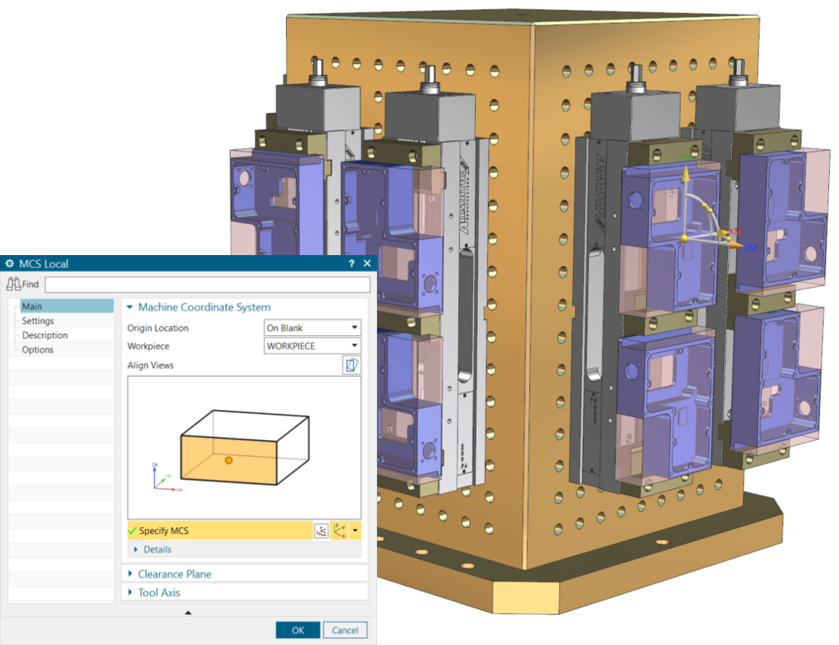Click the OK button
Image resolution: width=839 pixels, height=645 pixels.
click(x=298, y=630)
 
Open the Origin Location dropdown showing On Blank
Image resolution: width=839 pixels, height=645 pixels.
click(x=312, y=328)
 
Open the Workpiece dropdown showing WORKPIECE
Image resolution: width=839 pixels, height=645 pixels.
click(x=312, y=346)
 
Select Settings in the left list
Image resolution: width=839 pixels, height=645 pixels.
click(x=38, y=321)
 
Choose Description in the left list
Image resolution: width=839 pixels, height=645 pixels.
click(x=45, y=335)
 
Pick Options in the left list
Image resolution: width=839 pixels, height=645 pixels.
click(x=38, y=350)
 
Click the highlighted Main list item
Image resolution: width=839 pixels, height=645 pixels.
click(x=32, y=307)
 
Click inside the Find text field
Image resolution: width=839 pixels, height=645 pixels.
click(x=207, y=285)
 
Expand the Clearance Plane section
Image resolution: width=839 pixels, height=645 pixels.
click(x=174, y=574)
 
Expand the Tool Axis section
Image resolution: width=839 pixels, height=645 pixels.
click(x=159, y=593)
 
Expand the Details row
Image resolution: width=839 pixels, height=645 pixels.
click(x=157, y=549)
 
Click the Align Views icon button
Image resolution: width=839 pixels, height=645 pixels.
click(x=352, y=365)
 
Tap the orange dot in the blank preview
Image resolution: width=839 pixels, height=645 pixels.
click(x=228, y=460)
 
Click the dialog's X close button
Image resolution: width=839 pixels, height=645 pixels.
click(x=366, y=264)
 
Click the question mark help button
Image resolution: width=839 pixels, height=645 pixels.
click(x=352, y=264)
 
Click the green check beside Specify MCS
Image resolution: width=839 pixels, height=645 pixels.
click(x=132, y=531)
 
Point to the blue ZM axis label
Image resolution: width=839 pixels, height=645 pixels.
click(x=750, y=247)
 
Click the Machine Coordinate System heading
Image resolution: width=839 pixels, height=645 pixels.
click(x=204, y=307)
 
